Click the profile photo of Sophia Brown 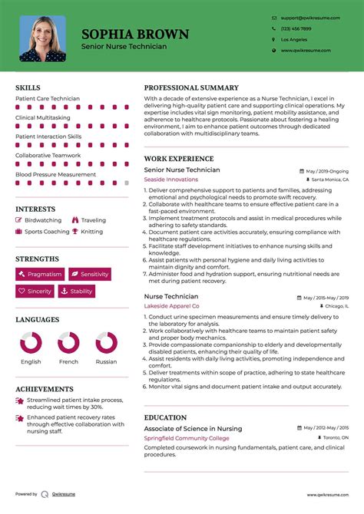pos(42,38)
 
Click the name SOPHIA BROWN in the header pos(135,34)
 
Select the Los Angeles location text pos(293,39)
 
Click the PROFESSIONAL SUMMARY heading pos(191,88)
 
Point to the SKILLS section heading pos(28,88)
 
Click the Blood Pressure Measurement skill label pos(55,174)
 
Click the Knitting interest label pos(91,232)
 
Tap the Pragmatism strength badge pos(40,274)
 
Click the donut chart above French pos(68,343)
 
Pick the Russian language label pos(106,361)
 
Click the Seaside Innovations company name pos(170,180)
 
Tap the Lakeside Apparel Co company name pos(173,305)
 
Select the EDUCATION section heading pos(165,417)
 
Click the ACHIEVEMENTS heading pos(44,389)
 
